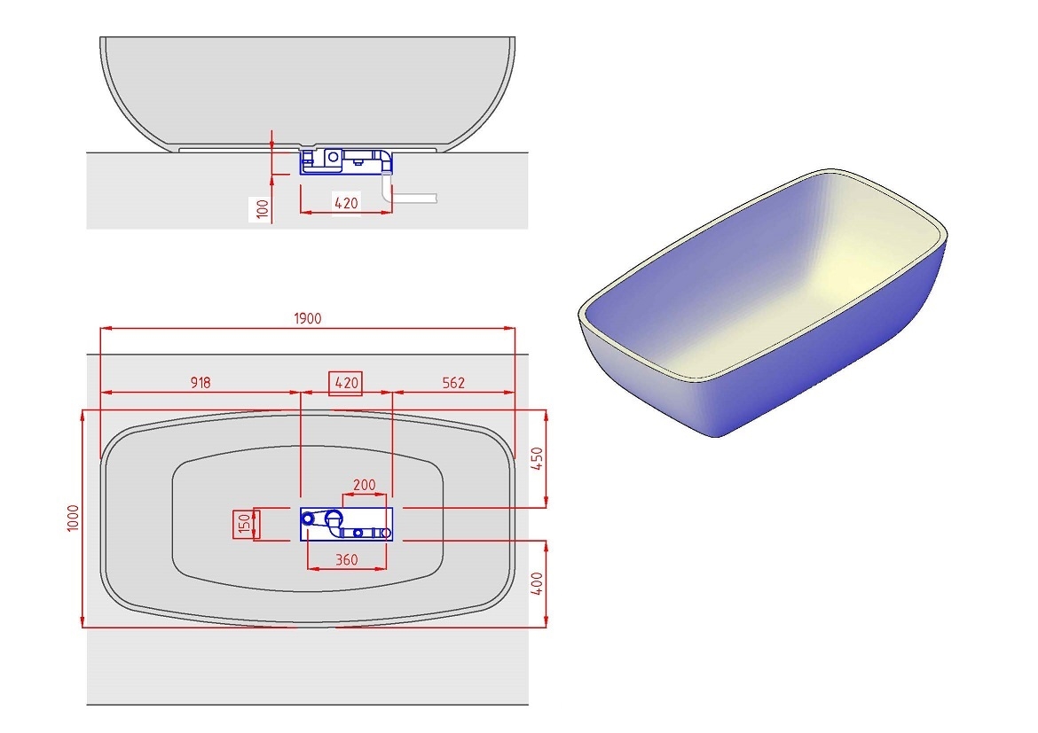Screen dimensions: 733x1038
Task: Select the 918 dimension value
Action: (201, 383)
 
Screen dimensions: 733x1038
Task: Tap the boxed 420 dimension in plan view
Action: (346, 383)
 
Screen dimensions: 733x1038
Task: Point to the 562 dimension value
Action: (452, 383)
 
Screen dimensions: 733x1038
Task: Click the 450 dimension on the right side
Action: (538, 458)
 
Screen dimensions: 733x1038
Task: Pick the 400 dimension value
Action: (538, 582)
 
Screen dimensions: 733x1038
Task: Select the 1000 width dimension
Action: (73, 518)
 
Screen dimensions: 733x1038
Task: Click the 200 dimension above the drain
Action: (365, 486)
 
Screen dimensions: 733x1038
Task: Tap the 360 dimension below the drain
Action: (347, 559)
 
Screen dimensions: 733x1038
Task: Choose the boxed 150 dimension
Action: (243, 524)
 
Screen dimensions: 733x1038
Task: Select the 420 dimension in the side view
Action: (346, 203)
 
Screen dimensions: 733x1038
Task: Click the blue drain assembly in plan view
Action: (346, 523)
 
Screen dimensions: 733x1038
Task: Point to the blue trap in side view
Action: (344, 161)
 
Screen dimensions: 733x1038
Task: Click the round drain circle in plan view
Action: (335, 519)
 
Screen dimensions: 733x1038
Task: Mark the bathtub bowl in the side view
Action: (307, 89)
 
